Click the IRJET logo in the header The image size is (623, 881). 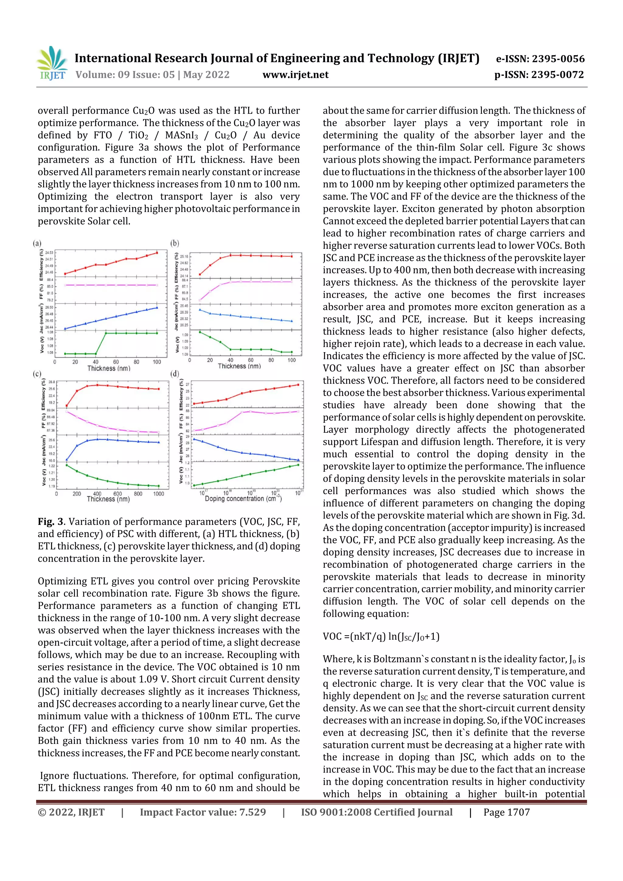[51, 63]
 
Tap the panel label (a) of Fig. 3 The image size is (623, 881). [37, 243]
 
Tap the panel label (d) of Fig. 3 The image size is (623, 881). [175, 374]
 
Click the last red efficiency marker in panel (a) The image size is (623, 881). [157, 252]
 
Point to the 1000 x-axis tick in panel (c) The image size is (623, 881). [158, 494]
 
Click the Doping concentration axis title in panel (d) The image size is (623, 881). [243, 499]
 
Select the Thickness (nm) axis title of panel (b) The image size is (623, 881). [239, 366]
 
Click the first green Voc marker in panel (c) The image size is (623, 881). [67, 465]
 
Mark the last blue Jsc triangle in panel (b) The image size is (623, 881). [292, 321]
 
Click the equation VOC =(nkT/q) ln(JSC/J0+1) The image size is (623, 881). [381, 636]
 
